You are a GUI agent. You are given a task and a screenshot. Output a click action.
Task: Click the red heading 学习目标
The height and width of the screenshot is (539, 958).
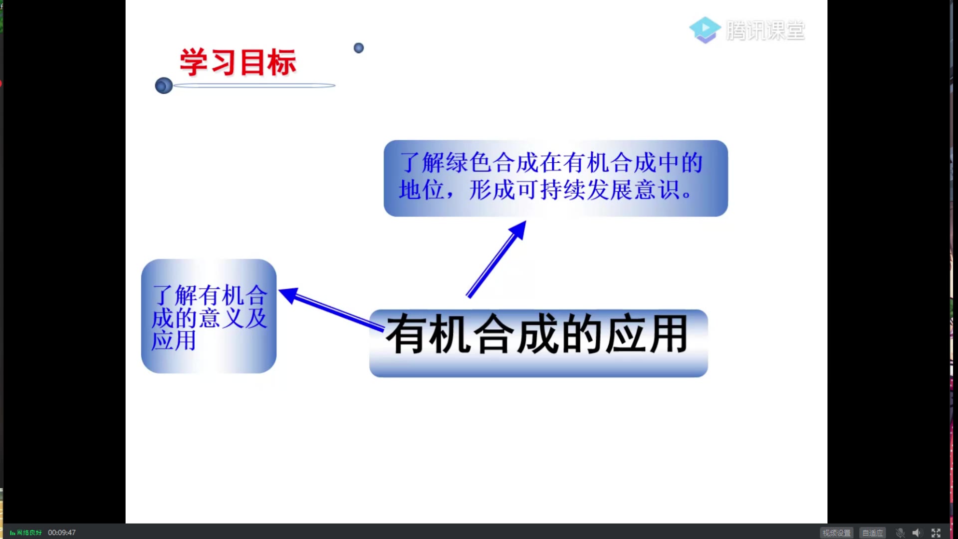[x=238, y=62]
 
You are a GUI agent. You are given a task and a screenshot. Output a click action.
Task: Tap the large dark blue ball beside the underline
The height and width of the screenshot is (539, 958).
[x=164, y=86]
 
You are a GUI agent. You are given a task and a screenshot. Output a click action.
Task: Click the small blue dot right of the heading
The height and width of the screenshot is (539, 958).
[x=359, y=48]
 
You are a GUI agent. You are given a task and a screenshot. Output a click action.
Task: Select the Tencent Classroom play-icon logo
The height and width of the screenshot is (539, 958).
[x=705, y=30]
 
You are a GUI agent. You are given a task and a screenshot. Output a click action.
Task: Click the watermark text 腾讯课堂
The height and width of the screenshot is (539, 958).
[x=765, y=31]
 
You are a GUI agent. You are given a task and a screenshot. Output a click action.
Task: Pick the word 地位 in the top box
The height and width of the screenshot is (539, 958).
[x=422, y=190]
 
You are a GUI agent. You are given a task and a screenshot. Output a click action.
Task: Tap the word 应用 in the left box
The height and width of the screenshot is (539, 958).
[x=174, y=341]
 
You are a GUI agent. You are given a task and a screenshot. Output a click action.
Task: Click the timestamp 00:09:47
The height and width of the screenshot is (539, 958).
[x=62, y=533]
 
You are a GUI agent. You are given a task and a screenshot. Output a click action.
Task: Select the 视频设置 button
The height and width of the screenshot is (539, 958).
[x=836, y=533]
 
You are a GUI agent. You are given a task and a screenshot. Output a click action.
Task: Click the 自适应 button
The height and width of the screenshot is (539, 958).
[x=872, y=533]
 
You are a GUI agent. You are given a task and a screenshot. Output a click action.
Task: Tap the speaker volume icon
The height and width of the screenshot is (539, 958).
[x=917, y=533]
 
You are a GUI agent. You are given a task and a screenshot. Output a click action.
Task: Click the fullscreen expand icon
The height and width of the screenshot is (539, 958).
[x=936, y=533]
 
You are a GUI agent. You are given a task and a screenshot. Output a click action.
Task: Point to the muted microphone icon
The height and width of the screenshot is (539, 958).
[x=900, y=533]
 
